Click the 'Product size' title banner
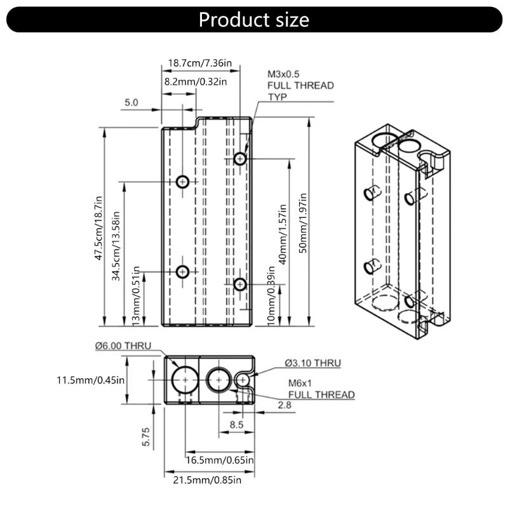point(253,19)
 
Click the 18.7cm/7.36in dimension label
point(200,63)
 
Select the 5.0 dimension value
point(131,102)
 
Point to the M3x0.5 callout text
point(283,74)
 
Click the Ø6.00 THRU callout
point(123,345)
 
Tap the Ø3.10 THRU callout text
point(312,363)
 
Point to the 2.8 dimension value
point(285,404)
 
